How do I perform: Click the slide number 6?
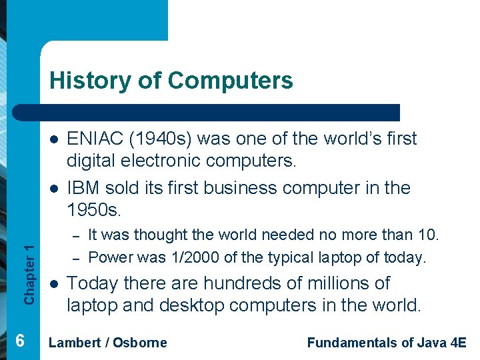coord(20,341)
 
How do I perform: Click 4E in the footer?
coord(458,343)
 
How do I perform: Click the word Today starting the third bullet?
coord(91,283)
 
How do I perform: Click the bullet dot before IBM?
coord(51,188)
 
